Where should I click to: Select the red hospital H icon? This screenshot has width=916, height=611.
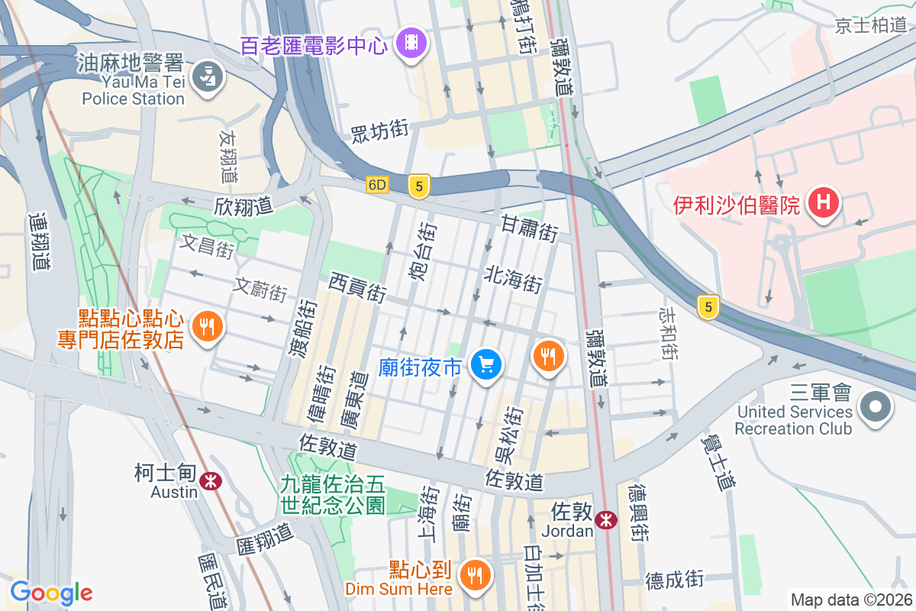[x=824, y=203]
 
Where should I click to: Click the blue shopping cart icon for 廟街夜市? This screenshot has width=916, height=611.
[x=485, y=364]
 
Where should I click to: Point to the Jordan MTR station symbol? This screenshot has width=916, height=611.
[x=607, y=520]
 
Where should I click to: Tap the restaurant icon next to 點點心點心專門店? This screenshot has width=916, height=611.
[x=206, y=327]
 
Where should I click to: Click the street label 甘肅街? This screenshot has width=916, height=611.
[x=529, y=228]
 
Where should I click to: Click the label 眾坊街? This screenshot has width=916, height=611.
[x=379, y=131]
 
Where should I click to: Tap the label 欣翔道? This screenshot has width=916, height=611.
[x=244, y=206]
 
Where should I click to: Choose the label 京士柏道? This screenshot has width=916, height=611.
[x=871, y=25]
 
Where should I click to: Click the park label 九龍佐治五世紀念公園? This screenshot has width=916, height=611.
[x=333, y=493]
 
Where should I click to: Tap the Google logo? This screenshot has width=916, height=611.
[x=51, y=592]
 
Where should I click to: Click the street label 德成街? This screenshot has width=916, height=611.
[x=674, y=580]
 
